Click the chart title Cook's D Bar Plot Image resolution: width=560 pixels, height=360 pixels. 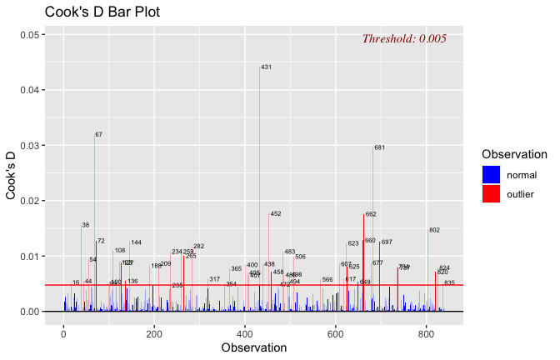click(102, 12)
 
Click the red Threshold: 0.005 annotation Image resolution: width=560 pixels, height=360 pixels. click(404, 39)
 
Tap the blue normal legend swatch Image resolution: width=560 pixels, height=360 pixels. click(491, 174)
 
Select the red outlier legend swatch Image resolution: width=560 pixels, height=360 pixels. click(491, 194)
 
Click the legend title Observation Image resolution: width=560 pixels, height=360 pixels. click(514, 154)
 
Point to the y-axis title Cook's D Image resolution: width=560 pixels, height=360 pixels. click(12, 173)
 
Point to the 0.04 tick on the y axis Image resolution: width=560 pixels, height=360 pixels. click(30, 90)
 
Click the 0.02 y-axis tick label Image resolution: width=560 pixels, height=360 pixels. click(30, 201)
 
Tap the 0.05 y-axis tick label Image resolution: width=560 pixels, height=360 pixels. click(30, 35)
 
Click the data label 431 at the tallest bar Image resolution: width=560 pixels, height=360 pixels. click(266, 67)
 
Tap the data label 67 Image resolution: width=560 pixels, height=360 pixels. click(98, 134)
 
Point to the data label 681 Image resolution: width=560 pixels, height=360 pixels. click(379, 147)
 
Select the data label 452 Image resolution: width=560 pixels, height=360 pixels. click(276, 214)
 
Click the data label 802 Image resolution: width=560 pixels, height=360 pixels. click(434, 230)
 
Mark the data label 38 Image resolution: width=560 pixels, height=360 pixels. click(85, 225)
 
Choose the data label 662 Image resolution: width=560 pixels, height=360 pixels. click(371, 214)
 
